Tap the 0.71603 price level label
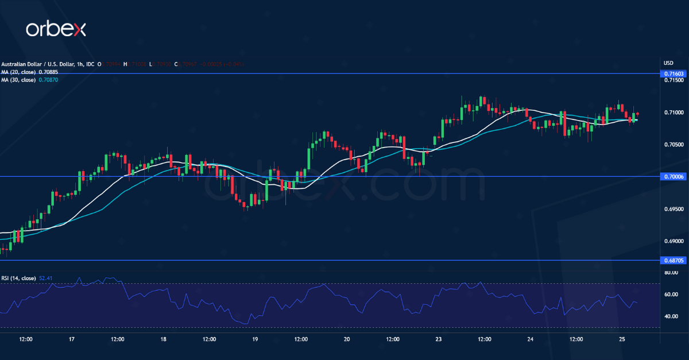click(x=673, y=73)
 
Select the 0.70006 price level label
click(x=673, y=176)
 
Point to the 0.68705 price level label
click(x=673, y=260)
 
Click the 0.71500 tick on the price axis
click(x=673, y=80)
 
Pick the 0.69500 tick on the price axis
click(x=673, y=210)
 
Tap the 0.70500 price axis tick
click(x=673, y=145)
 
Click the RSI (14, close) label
click(x=19, y=278)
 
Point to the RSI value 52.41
click(x=45, y=278)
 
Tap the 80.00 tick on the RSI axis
click(x=671, y=273)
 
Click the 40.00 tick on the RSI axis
click(x=671, y=316)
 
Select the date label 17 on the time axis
click(x=72, y=339)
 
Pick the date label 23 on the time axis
click(x=439, y=339)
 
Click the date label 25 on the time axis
click(x=622, y=339)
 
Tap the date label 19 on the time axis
click(x=255, y=339)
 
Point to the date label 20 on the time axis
click(x=347, y=339)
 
